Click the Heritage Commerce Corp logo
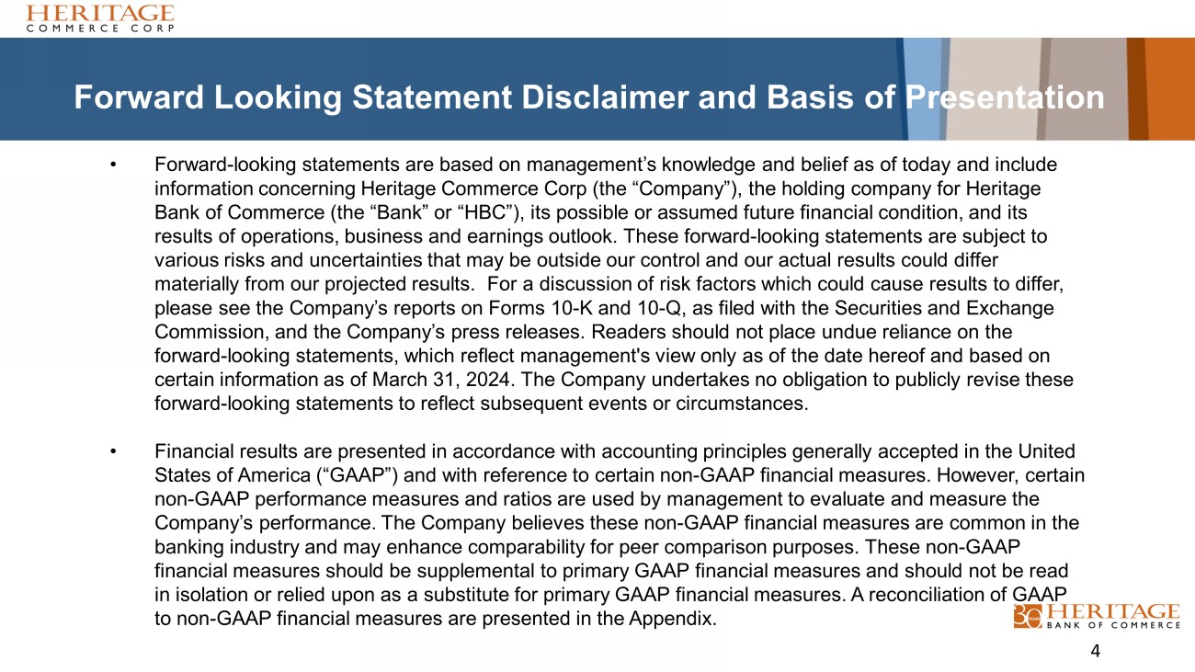100,17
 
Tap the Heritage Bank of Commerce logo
1097,616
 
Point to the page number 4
1095,652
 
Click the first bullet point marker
113,165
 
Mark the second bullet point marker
113,452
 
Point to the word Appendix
675,619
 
